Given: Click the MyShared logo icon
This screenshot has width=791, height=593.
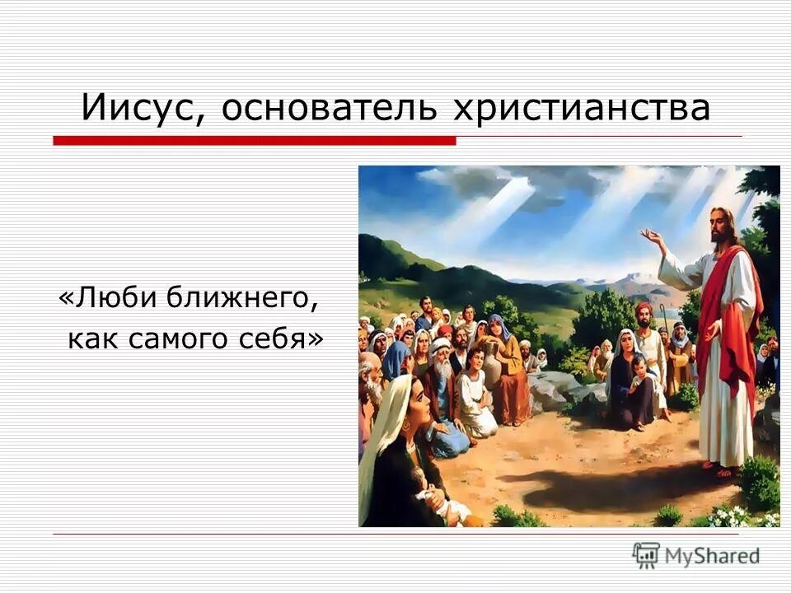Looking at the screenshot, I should click(647, 555).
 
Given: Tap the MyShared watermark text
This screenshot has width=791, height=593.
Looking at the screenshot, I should click(712, 556).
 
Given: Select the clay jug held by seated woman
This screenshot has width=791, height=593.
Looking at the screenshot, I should click(492, 362).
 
